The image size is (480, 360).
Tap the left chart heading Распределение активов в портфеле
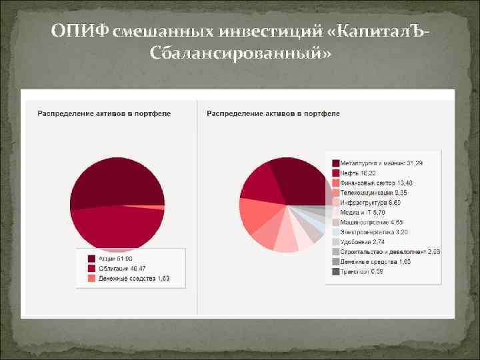pos(103,113)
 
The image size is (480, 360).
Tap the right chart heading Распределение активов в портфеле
pos(273,113)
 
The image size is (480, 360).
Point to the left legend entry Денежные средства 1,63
pos(127,278)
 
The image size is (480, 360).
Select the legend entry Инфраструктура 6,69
pos(371,202)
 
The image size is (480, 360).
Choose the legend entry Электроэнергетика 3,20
pos(373,232)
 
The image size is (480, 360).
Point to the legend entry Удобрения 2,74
pos(363,241)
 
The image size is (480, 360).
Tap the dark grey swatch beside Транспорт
pos(335,271)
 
